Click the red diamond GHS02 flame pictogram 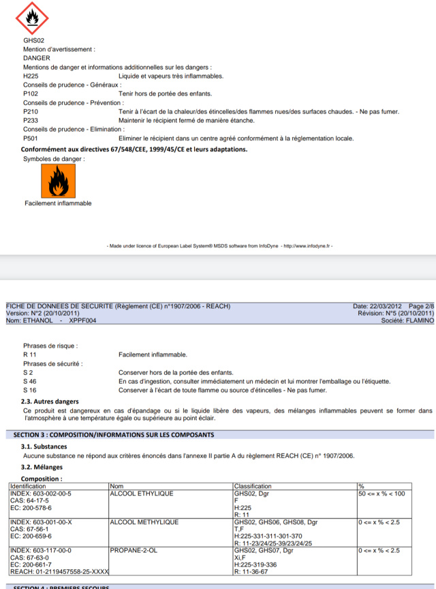click(29, 18)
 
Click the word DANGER click(37, 58)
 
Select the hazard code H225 click(31, 76)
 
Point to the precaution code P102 click(31, 93)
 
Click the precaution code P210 click(31, 111)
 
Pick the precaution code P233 click(31, 120)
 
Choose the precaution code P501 click(31, 138)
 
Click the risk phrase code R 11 click(30, 354)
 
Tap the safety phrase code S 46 click(29, 381)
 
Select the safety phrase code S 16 click(29, 390)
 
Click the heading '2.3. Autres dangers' click(50, 402)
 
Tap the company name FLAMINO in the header click(418, 320)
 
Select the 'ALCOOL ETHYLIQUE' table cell click(142, 493)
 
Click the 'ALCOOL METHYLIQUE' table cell click(144, 522)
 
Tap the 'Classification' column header click(253, 486)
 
